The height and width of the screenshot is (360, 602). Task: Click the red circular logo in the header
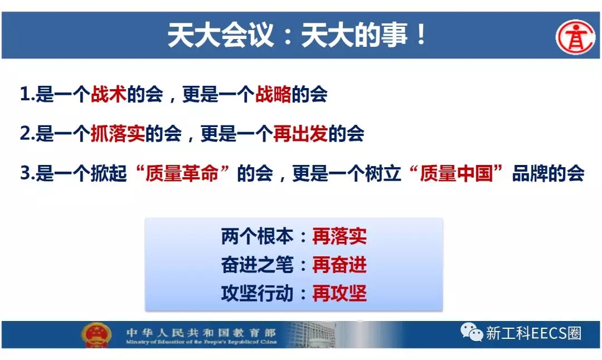(x=575, y=37)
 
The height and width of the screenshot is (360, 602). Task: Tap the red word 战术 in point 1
(x=108, y=94)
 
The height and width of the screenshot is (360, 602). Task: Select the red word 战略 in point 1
(x=273, y=94)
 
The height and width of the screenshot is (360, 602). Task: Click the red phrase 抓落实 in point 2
(x=118, y=134)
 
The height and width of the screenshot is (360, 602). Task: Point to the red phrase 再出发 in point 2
(x=300, y=134)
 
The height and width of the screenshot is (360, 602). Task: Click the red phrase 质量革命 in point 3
(x=182, y=173)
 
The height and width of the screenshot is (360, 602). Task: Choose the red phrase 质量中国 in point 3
(x=456, y=173)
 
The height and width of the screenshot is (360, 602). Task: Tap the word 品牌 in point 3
(x=530, y=173)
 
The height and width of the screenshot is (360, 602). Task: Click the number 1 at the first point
(x=25, y=95)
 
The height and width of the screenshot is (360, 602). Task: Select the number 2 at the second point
(x=25, y=134)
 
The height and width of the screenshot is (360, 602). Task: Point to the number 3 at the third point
(x=25, y=174)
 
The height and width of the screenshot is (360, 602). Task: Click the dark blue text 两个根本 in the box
(x=257, y=236)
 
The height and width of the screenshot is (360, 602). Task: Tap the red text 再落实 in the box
(x=339, y=236)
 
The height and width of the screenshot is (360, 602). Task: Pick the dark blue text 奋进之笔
(x=257, y=265)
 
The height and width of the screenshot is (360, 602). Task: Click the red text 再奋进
(x=339, y=265)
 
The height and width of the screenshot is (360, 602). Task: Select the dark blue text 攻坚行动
(x=257, y=294)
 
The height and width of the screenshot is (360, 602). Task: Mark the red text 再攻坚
(x=339, y=294)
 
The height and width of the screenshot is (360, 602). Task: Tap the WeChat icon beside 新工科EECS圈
(x=472, y=332)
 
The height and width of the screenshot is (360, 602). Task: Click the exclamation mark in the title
(x=421, y=35)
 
